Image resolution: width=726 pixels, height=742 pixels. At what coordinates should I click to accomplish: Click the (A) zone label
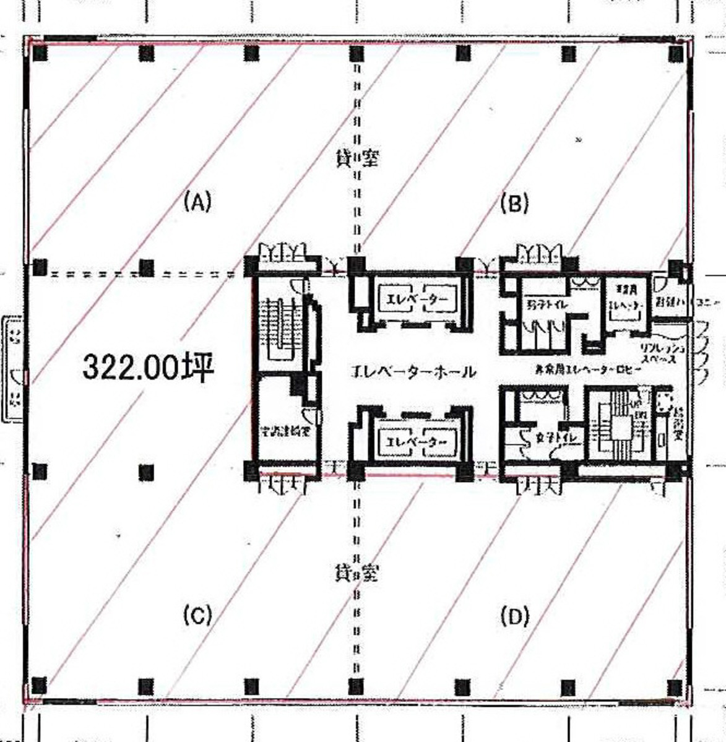click(x=197, y=202)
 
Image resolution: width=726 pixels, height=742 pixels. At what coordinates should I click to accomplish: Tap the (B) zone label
click(x=514, y=203)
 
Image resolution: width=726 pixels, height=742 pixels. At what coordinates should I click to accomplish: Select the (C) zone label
click(x=197, y=615)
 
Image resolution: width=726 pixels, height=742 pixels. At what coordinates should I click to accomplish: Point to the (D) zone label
click(x=514, y=616)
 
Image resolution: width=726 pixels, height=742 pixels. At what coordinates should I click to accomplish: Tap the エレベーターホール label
click(x=413, y=372)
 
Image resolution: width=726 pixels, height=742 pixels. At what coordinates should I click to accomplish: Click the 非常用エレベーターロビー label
click(x=588, y=369)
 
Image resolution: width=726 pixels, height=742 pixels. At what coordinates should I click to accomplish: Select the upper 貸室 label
click(x=355, y=160)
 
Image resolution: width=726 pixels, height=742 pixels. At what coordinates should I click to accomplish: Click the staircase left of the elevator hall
click(x=279, y=328)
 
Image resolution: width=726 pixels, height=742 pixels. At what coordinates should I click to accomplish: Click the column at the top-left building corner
click(x=40, y=54)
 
